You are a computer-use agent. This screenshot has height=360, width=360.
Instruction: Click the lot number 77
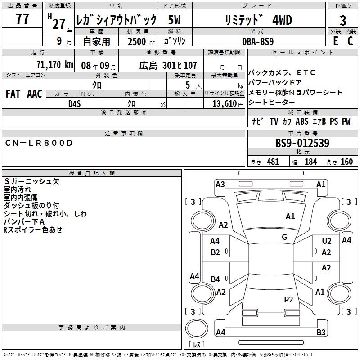point(22,19)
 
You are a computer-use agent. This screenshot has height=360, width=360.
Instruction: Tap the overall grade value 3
point(343,20)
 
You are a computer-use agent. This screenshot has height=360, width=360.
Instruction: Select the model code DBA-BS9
point(258,41)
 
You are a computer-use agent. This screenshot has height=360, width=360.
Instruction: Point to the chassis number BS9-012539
point(302,144)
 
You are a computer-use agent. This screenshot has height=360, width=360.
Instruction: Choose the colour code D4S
point(74,103)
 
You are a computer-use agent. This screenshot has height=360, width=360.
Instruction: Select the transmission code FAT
point(13,94)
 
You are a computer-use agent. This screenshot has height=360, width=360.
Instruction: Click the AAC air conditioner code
point(35,94)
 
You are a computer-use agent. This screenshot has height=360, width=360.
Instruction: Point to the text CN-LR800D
point(38,143)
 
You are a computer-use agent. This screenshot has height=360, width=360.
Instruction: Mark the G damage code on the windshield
point(284,237)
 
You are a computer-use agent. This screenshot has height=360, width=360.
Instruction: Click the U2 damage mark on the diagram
point(326,242)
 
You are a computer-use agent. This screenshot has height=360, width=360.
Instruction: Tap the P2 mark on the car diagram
point(288,299)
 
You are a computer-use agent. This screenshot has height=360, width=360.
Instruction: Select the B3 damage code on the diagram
point(321,332)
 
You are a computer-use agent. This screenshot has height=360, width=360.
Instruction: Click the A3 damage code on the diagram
point(220,184)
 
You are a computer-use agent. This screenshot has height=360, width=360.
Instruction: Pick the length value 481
point(273,162)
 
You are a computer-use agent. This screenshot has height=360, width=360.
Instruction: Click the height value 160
point(346,162)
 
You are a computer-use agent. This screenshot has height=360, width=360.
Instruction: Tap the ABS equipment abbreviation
point(302,121)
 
